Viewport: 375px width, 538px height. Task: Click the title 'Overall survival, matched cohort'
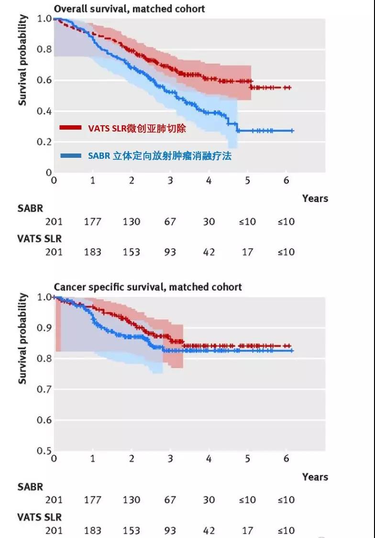pyautogui.click(x=129, y=9)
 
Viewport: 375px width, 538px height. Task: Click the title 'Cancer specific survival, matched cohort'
pyautogui.click(x=148, y=287)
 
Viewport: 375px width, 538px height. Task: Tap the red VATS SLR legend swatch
pyautogui.click(x=71, y=128)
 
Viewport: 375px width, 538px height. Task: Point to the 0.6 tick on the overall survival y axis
pyautogui.click(x=44, y=80)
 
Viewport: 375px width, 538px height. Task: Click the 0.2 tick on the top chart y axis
pyautogui.click(x=44, y=142)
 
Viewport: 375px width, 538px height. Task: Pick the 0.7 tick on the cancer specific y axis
pyautogui.click(x=44, y=389)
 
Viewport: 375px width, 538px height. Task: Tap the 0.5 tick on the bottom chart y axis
pyautogui.click(x=44, y=450)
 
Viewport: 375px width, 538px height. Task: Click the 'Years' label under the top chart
pyautogui.click(x=315, y=198)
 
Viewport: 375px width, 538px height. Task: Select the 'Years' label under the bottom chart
pyautogui.click(x=315, y=477)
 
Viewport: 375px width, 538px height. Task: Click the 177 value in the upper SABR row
pyautogui.click(x=92, y=222)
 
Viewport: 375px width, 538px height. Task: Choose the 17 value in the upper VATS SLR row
pyautogui.click(x=247, y=252)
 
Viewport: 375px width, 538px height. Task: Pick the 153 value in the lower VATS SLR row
pyautogui.click(x=131, y=530)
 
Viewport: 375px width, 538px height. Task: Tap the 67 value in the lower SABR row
pyautogui.click(x=170, y=500)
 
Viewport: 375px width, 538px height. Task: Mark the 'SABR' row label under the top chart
pyautogui.click(x=30, y=209)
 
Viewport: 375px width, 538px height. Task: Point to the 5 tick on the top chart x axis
pyautogui.click(x=248, y=180)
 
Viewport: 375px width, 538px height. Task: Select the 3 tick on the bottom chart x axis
pyautogui.click(x=170, y=459)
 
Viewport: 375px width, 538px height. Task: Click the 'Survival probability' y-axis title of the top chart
pyautogui.click(x=22, y=60)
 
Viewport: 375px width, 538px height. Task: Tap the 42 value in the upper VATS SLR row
pyautogui.click(x=209, y=252)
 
